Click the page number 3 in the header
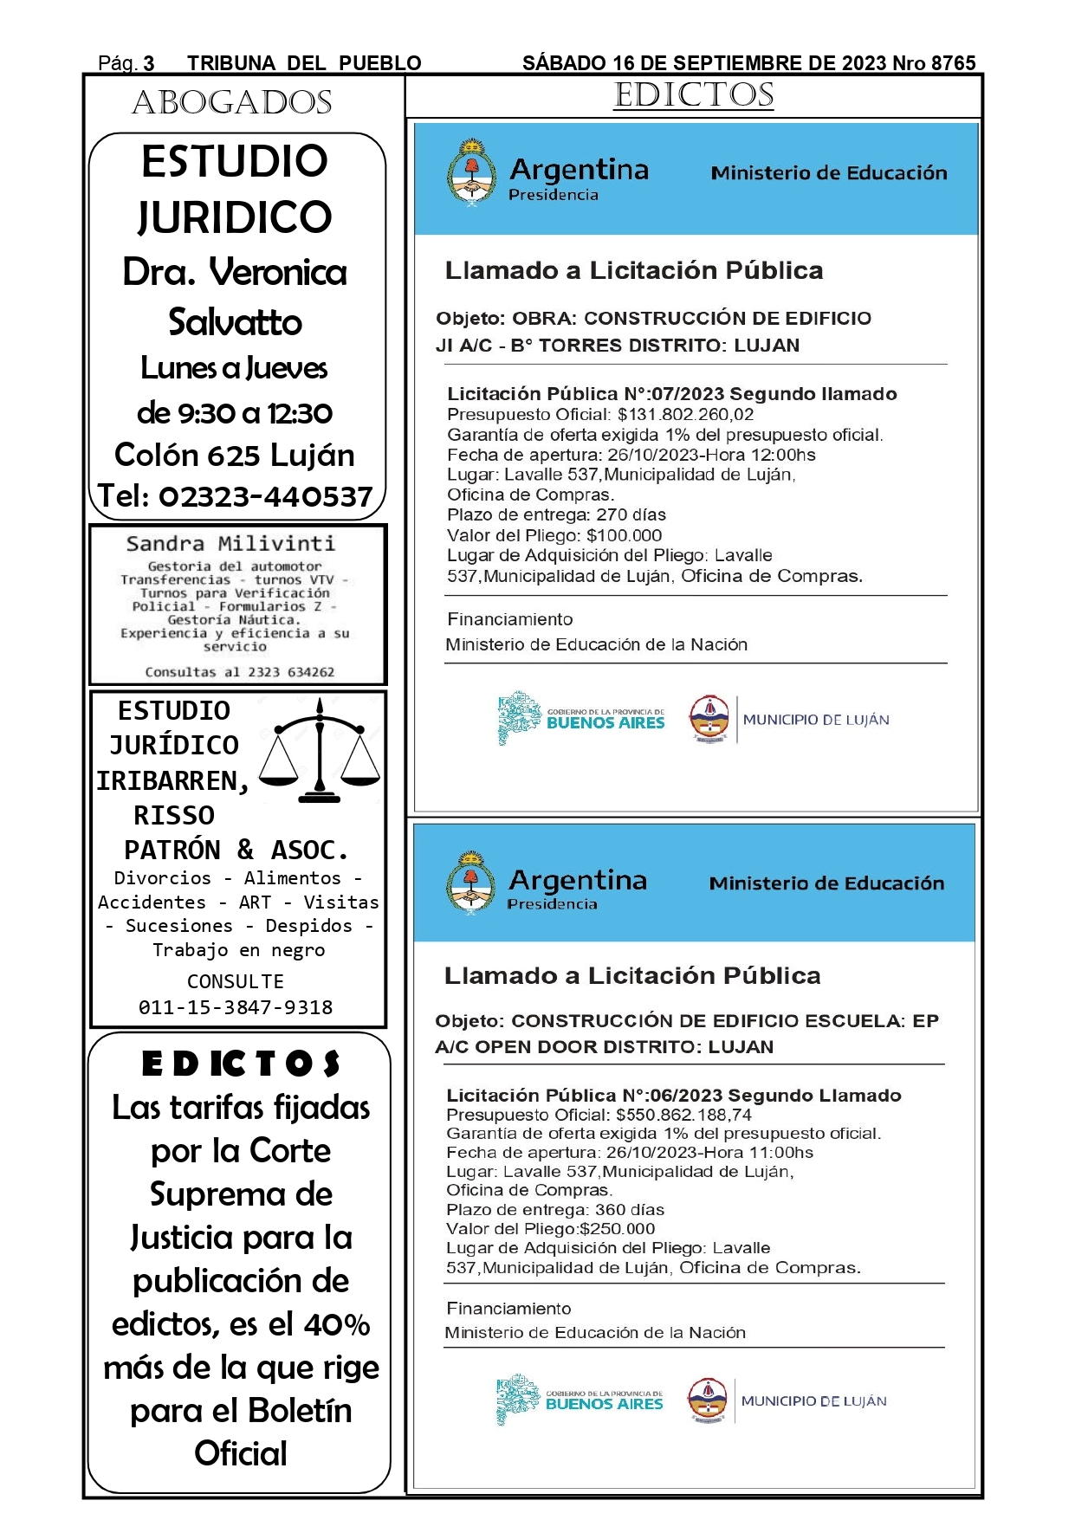(x=149, y=63)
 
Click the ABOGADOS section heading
(x=232, y=103)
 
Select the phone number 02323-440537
(x=266, y=497)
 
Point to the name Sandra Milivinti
(x=230, y=544)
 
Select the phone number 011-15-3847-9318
(x=236, y=1007)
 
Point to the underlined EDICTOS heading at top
(x=694, y=95)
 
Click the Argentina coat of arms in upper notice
(x=471, y=172)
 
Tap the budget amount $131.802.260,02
(x=685, y=415)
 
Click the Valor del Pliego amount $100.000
(x=624, y=536)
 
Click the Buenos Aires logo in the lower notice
(x=580, y=1400)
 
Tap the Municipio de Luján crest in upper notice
(x=709, y=719)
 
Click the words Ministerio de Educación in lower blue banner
(x=826, y=883)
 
